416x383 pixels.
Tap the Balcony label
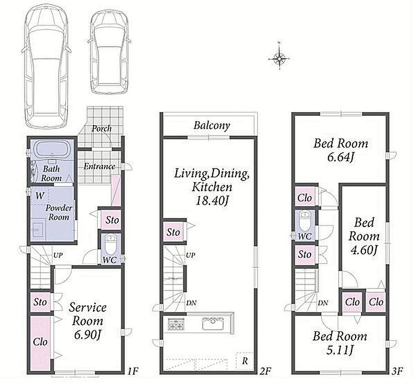pos(211,126)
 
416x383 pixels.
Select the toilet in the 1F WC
pos(109,244)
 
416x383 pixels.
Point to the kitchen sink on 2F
pos(213,324)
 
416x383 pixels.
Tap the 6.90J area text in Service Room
pos(87,335)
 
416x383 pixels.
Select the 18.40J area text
pos(212,201)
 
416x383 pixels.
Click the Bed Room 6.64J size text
pos(341,157)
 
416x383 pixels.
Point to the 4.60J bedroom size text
pos(364,250)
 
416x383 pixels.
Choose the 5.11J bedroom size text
pos(340,351)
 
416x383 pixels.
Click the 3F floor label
pos(397,371)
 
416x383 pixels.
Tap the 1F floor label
pos(132,371)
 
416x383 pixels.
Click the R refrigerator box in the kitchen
pos(245,361)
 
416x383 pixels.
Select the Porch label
pos(101,129)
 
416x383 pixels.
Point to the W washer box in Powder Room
pos(39,196)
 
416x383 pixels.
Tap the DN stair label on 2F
pos(191,303)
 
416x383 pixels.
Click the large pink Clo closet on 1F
pos(40,342)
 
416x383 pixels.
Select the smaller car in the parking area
pos(109,53)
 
